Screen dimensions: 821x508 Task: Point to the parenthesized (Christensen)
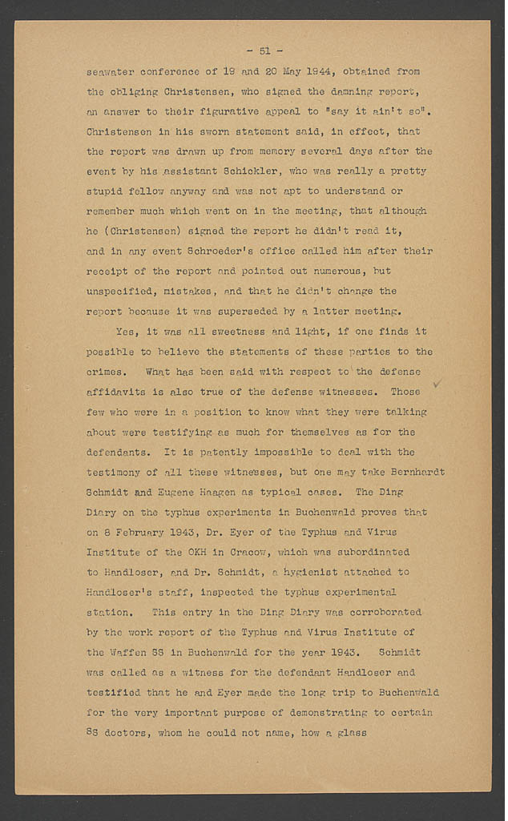point(138,231)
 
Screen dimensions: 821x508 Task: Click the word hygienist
point(308,572)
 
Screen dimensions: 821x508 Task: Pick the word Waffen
point(131,652)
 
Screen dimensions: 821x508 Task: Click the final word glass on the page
point(350,732)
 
